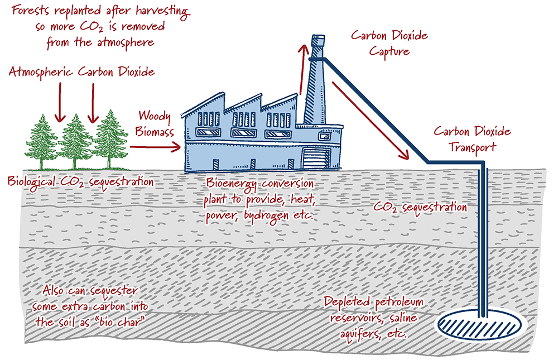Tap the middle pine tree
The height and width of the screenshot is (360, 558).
tap(77, 142)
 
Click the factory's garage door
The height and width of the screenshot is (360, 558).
tap(314, 159)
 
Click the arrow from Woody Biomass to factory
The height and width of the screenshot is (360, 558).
tap(155, 146)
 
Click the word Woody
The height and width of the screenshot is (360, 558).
tap(154, 116)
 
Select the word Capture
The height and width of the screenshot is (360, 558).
tap(388, 52)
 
